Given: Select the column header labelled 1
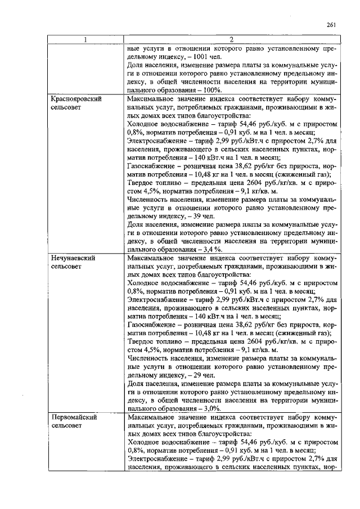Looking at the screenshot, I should pos(85,40).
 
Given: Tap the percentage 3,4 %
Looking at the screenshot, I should pos(214,250).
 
